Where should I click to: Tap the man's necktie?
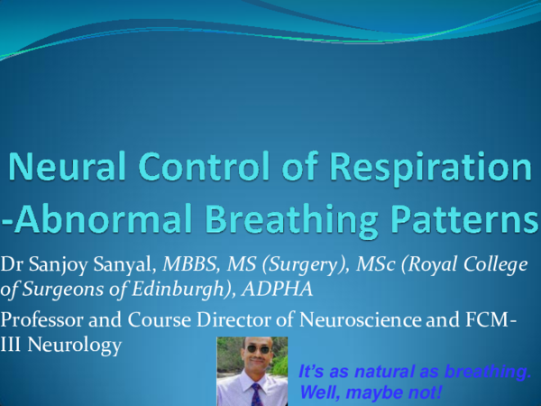pyautogui.click(x=255, y=392)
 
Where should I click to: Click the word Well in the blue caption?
pyautogui.click(x=316, y=393)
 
